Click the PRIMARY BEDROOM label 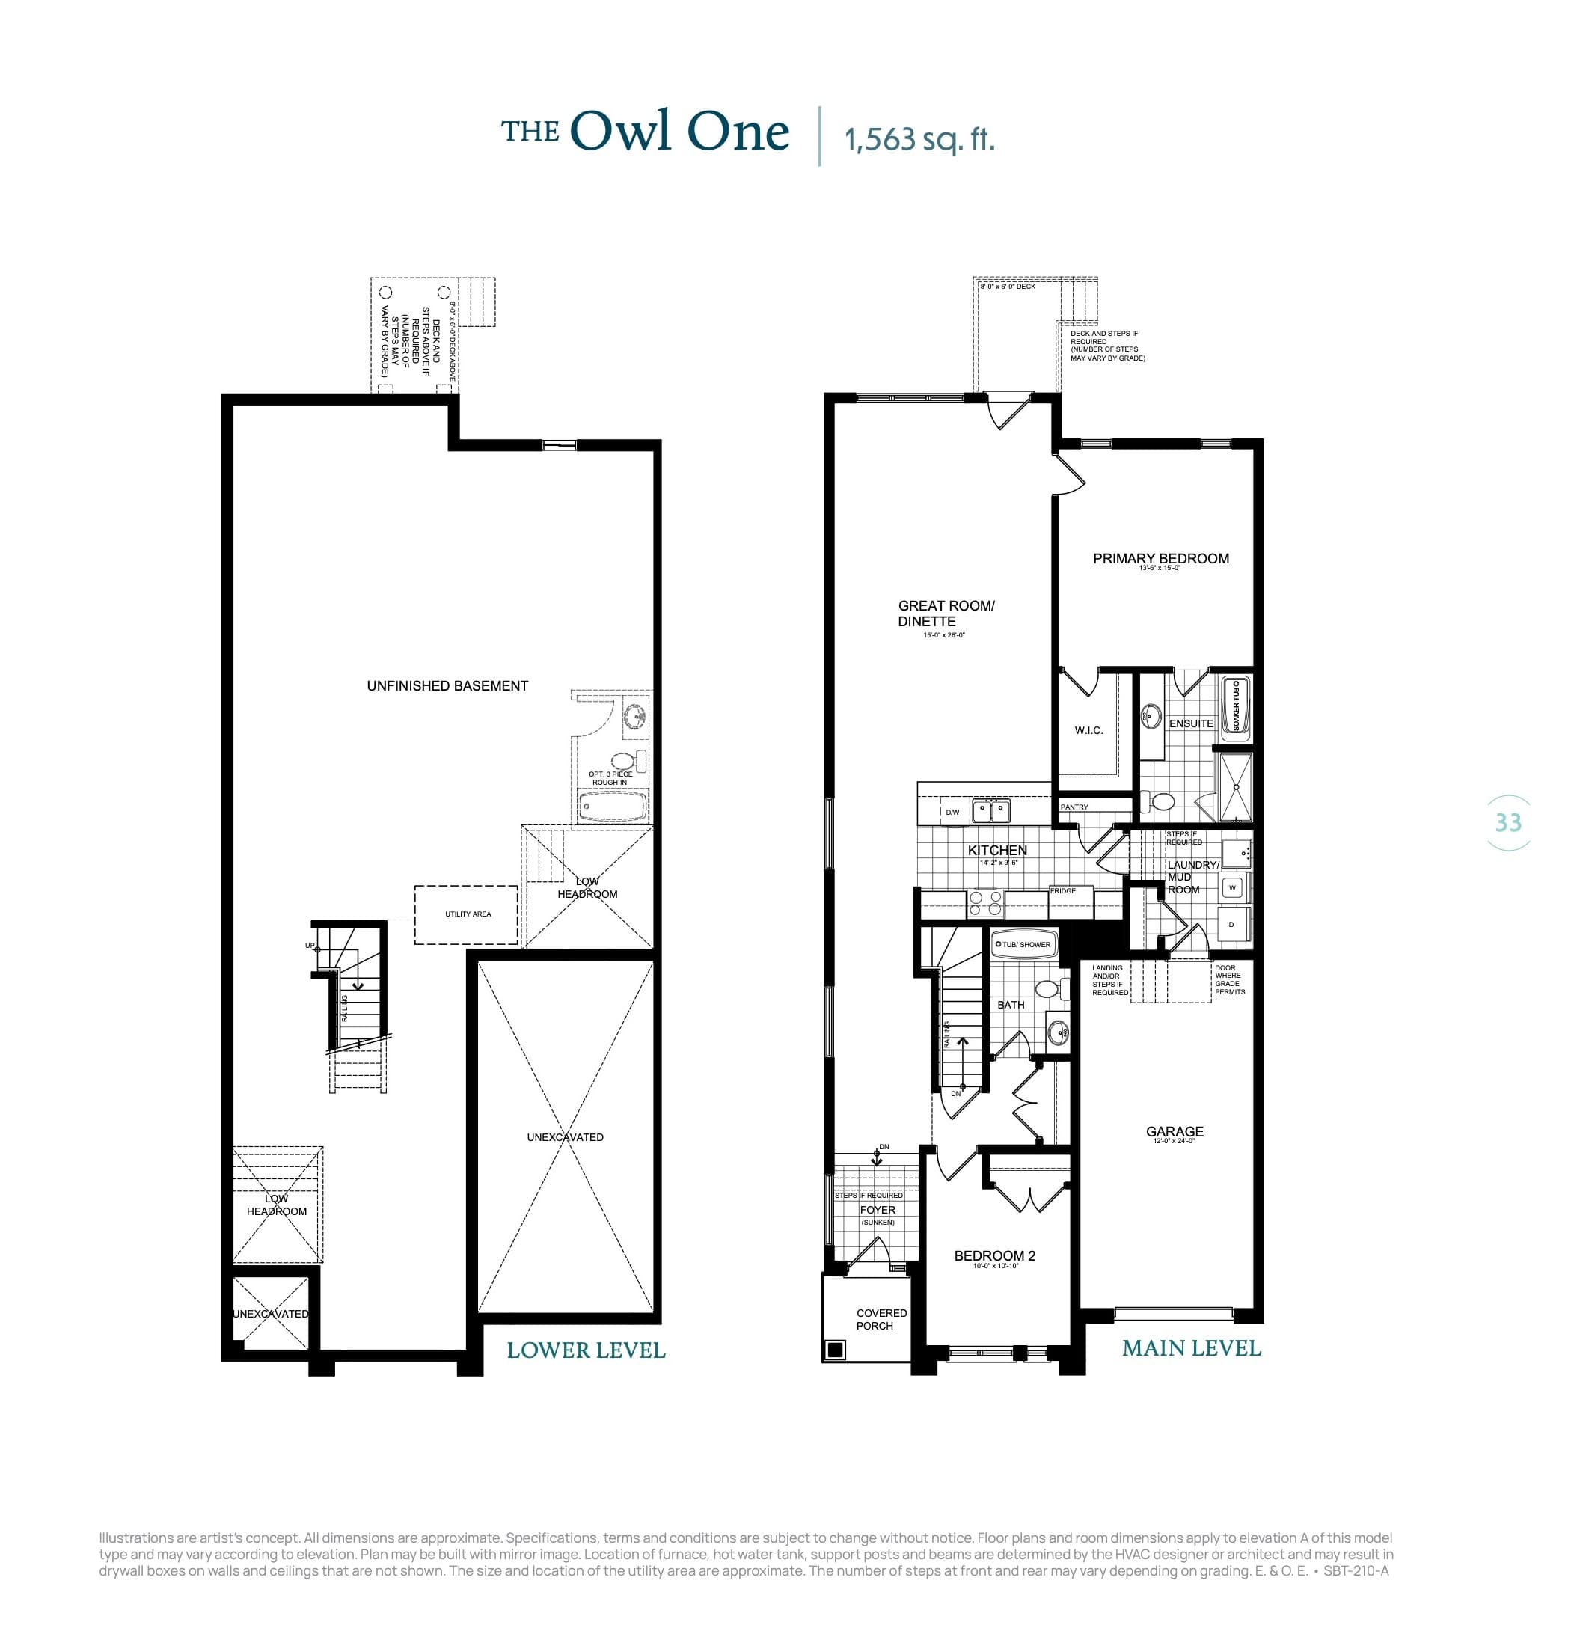[1160, 559]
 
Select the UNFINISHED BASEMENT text [447, 686]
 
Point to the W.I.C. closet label [1088, 730]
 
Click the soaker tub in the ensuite [1235, 706]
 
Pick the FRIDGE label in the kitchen [1063, 890]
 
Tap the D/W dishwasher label [952, 812]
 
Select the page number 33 [1507, 822]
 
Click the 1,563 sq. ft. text [919, 139]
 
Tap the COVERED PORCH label [880, 1319]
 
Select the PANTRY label [1074, 807]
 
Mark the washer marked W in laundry [1232, 888]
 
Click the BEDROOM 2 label [995, 1255]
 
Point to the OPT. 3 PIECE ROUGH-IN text [610, 778]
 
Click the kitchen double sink [990, 811]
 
